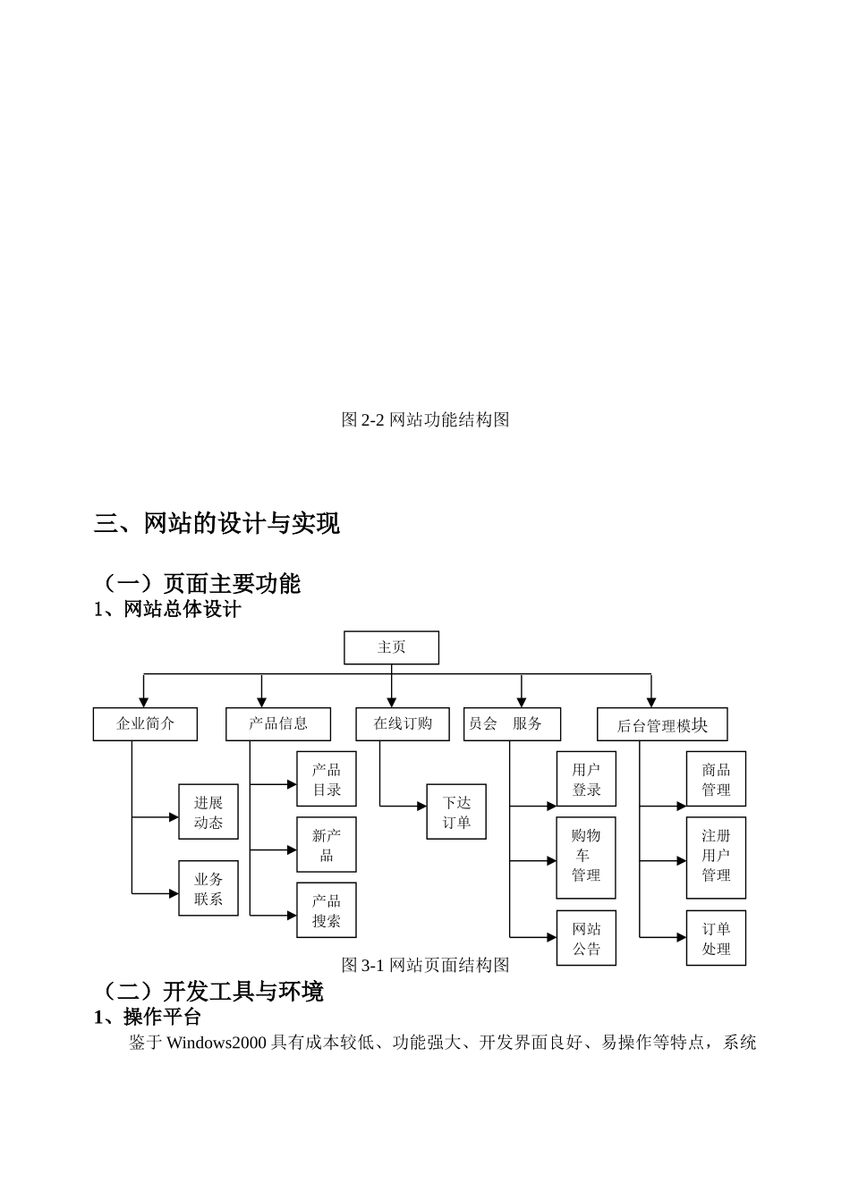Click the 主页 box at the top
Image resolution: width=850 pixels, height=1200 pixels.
[x=391, y=647]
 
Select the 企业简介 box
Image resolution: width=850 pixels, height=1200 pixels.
[x=145, y=724]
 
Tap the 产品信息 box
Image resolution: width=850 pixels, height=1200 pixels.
[x=278, y=724]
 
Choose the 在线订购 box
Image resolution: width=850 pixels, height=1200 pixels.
[x=403, y=724]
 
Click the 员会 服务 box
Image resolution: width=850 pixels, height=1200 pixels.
[x=512, y=724]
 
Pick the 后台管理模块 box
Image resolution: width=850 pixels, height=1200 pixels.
[x=662, y=725]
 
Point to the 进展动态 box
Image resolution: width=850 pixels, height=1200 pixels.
[x=208, y=812]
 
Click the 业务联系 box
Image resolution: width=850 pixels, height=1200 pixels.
[x=208, y=889]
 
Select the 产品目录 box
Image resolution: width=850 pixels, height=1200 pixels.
[x=327, y=779]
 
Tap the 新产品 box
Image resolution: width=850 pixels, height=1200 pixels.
[x=327, y=845]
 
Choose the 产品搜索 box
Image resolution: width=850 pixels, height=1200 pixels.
[x=327, y=910]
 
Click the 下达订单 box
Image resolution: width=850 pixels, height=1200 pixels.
[x=456, y=812]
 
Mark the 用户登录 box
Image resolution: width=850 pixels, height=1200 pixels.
[x=586, y=779]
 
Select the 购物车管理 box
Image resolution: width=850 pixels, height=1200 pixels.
[x=586, y=856]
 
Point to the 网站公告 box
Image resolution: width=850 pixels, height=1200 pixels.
[x=586, y=938]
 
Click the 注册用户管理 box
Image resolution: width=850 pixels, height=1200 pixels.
[x=716, y=856]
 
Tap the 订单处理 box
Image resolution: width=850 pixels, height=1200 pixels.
[x=716, y=938]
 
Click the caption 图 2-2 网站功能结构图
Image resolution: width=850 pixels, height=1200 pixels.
[x=425, y=419]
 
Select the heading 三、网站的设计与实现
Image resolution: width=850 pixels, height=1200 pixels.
[x=217, y=524]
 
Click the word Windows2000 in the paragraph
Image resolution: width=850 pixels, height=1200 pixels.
[x=217, y=1043]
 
